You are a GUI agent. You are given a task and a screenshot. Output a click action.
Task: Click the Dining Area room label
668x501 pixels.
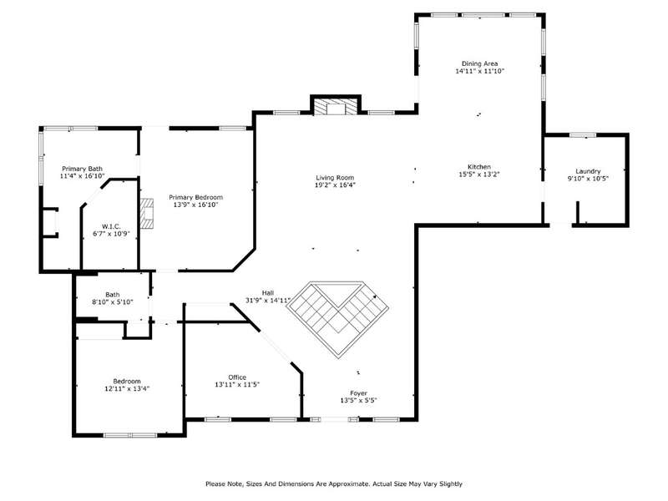(x=479, y=63)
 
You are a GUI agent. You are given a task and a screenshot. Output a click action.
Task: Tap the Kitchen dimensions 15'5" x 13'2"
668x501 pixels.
(x=479, y=175)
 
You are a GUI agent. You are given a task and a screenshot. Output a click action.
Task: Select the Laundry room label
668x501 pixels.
(x=588, y=171)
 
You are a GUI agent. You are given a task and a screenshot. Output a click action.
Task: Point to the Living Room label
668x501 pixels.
(x=335, y=178)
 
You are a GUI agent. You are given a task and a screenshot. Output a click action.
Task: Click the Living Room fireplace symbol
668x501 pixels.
(x=336, y=108)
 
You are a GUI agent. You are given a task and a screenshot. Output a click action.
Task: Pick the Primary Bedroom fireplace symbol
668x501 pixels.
(x=147, y=214)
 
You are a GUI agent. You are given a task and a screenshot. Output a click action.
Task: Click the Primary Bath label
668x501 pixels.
(x=82, y=169)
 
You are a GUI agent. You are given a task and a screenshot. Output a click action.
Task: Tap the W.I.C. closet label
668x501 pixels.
(x=111, y=226)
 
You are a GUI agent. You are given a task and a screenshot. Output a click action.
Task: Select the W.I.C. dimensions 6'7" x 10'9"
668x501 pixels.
(x=111, y=234)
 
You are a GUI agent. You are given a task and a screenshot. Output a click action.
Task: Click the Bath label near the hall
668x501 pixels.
(x=113, y=295)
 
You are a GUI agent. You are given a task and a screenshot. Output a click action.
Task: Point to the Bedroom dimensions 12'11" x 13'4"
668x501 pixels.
(x=127, y=388)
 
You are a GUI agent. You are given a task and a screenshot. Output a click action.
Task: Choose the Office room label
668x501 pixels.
(x=237, y=377)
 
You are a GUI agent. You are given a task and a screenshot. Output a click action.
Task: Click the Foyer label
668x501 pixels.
(x=359, y=393)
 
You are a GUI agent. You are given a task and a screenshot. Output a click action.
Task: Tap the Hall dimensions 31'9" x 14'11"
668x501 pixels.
(x=268, y=301)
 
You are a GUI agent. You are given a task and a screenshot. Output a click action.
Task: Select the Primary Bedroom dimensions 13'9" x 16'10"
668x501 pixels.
(x=196, y=205)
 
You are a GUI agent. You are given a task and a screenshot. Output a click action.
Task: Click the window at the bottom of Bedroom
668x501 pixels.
(x=131, y=435)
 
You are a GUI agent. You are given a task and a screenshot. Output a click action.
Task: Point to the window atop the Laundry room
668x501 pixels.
(x=583, y=135)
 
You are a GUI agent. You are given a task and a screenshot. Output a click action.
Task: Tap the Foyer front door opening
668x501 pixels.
(x=335, y=420)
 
